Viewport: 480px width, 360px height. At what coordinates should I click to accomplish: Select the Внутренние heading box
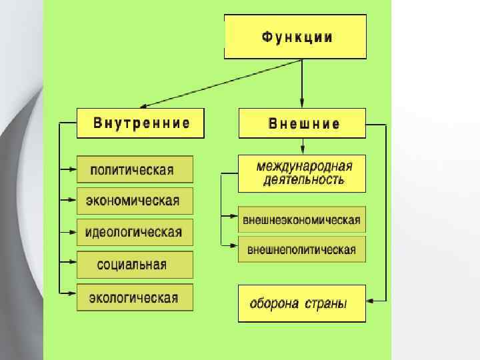click(141, 123)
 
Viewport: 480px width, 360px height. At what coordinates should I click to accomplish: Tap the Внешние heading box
click(302, 123)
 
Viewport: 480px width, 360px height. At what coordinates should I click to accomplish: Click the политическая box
click(135, 169)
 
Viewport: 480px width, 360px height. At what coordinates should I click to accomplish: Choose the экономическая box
click(135, 201)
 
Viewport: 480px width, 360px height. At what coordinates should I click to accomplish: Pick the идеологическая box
click(135, 233)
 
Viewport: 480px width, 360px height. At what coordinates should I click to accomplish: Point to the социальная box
click(135, 265)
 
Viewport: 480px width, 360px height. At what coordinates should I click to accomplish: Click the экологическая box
click(135, 297)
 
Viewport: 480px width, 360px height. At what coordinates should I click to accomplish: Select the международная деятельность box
click(302, 173)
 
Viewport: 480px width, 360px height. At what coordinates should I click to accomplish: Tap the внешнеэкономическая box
click(302, 220)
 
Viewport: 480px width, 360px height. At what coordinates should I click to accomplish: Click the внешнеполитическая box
click(302, 249)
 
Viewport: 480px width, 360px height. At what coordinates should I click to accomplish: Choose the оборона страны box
click(302, 303)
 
